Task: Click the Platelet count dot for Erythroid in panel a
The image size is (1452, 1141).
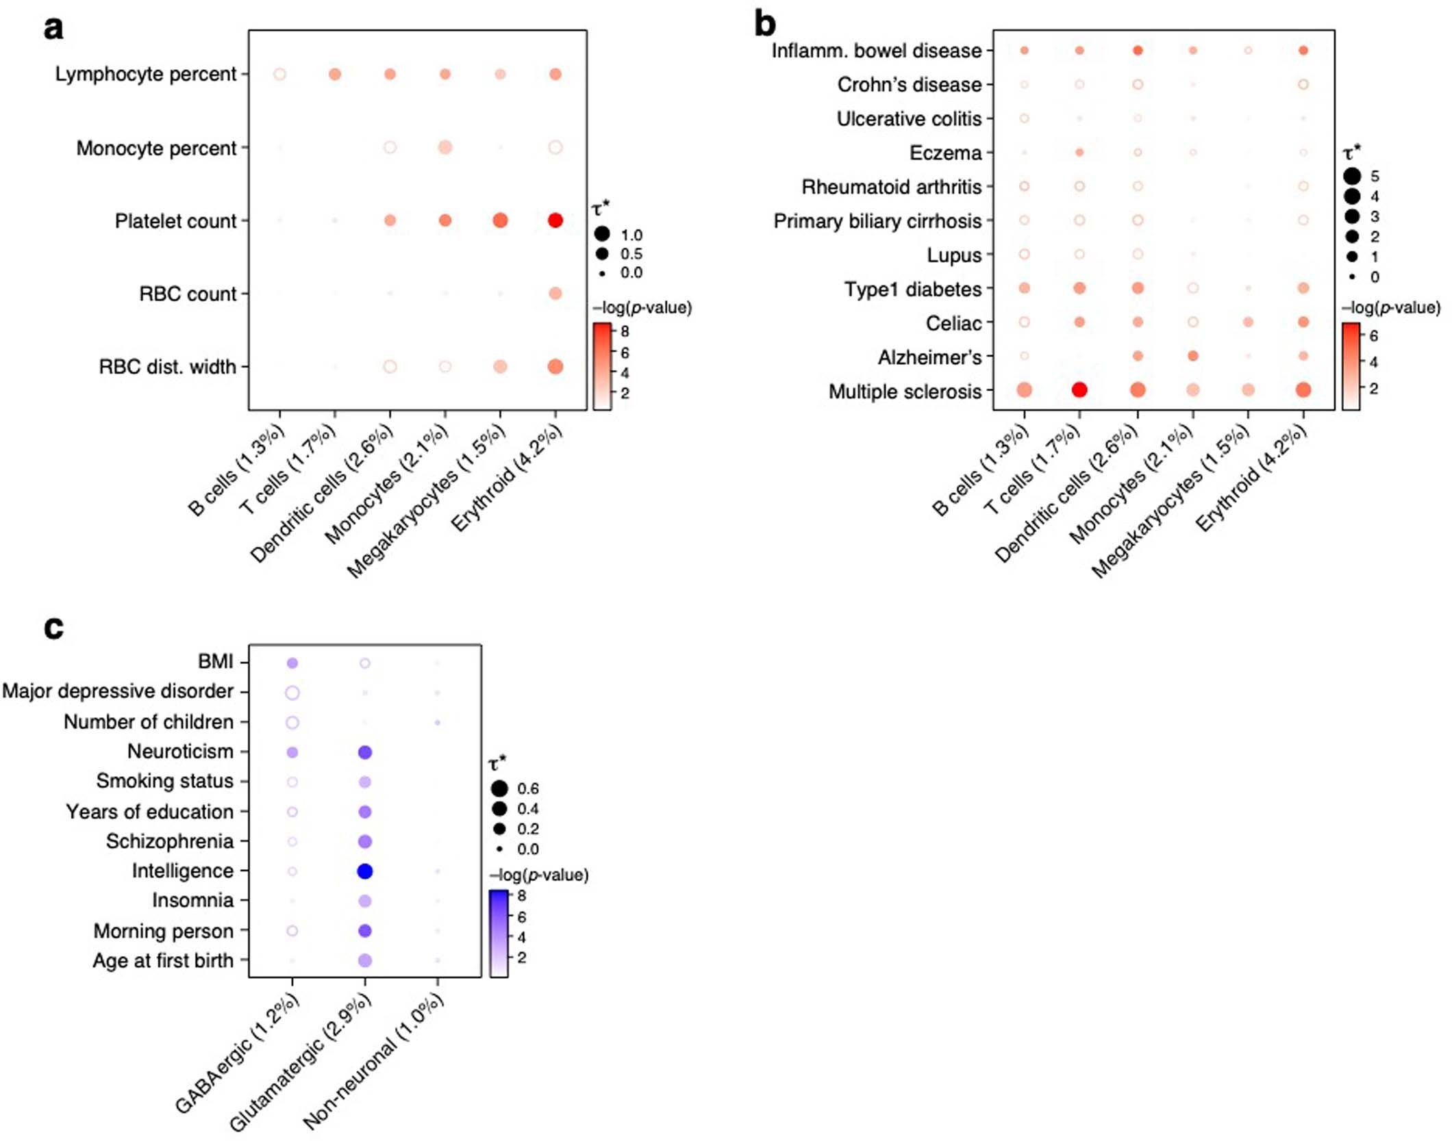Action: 555,220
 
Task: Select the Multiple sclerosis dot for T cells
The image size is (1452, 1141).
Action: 1079,390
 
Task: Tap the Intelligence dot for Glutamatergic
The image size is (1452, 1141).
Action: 365,871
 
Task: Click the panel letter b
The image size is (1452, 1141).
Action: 764,26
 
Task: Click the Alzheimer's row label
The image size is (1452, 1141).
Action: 929,357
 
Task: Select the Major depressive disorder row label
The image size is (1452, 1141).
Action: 118,691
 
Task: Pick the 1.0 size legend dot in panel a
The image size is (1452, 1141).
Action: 602,234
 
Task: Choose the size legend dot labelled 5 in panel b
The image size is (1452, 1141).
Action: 1352,177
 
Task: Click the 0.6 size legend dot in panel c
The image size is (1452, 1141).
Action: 499,789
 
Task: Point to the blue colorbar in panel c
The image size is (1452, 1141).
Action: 499,933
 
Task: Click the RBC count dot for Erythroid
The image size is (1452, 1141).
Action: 555,294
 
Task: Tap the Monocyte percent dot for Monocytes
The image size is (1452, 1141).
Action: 445,147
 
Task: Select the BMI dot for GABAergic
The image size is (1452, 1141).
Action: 292,663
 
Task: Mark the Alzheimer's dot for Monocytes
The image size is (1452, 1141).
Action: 1193,356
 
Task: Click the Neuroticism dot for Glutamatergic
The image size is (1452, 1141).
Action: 365,752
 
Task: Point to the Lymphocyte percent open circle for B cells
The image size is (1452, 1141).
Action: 279,74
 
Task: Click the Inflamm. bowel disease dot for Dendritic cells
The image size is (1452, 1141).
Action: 1138,50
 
